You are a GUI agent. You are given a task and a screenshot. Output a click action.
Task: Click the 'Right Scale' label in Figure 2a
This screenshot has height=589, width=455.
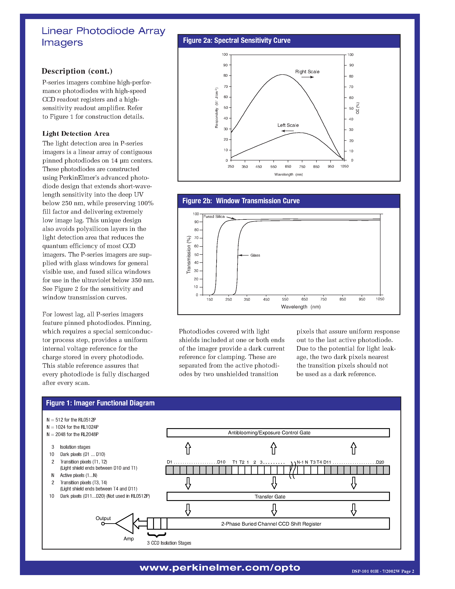[307, 72]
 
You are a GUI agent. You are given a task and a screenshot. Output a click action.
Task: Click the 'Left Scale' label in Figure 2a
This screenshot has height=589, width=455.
[288, 125]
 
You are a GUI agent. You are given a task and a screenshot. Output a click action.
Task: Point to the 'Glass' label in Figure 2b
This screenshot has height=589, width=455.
[255, 255]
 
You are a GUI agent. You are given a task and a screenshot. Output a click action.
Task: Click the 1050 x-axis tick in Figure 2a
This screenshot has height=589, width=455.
[344, 166]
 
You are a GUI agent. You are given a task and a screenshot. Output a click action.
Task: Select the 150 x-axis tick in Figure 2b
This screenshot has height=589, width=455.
[209, 299]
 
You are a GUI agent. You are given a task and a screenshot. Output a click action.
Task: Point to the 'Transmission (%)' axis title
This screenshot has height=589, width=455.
[189, 255]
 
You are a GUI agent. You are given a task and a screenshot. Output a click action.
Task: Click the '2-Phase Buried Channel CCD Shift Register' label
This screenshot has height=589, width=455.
[271, 524]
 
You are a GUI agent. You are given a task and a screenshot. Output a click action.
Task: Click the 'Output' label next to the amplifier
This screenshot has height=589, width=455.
[103, 518]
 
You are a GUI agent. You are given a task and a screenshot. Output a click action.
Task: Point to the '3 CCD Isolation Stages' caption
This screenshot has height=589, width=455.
[169, 543]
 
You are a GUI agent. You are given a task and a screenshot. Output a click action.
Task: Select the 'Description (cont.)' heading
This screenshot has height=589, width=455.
[77, 71]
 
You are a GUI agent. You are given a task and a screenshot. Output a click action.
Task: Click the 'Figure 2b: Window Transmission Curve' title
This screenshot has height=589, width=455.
[241, 201]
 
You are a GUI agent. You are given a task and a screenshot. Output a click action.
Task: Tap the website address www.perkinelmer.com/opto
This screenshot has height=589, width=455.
[220, 568]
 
